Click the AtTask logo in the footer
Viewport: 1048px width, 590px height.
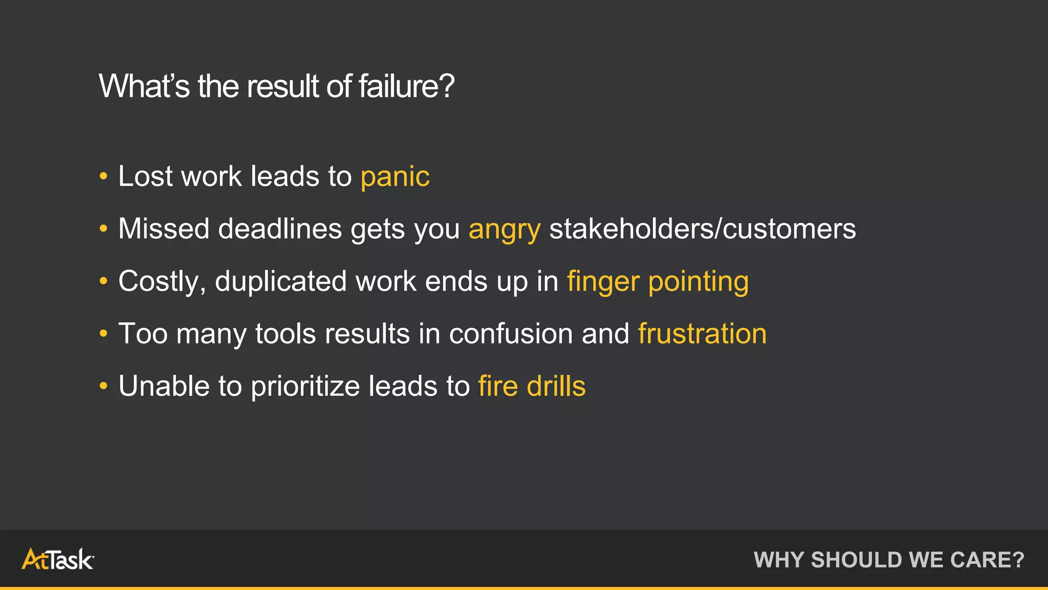click(57, 559)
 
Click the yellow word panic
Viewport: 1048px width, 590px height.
click(395, 177)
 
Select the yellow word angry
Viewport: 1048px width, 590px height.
click(505, 229)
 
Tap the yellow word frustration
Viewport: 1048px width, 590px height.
click(702, 334)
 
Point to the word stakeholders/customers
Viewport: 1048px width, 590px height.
click(702, 229)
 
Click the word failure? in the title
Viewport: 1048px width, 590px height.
click(406, 86)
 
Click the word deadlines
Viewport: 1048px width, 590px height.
click(280, 229)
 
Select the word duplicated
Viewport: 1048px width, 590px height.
click(280, 282)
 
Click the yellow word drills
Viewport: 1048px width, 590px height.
click(556, 386)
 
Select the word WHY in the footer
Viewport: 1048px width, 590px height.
click(779, 560)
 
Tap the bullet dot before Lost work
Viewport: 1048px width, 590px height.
click(103, 177)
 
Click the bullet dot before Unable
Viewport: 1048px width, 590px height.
click(103, 386)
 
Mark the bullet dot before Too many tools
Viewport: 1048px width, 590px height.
click(103, 334)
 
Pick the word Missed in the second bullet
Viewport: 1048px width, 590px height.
click(164, 229)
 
